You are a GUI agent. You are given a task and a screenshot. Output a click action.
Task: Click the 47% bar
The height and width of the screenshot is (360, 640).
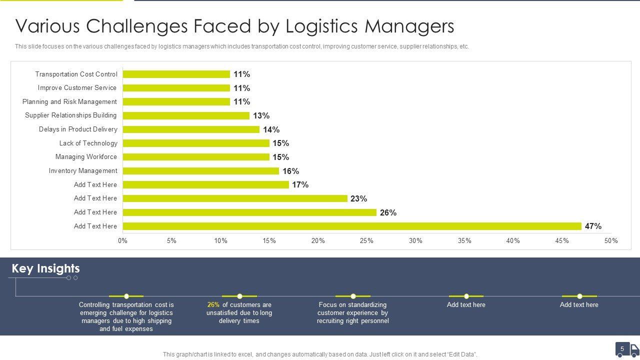352,226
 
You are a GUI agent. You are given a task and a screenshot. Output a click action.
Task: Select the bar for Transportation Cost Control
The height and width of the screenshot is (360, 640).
176,74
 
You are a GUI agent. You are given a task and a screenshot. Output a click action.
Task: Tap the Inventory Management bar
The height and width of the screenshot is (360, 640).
200,171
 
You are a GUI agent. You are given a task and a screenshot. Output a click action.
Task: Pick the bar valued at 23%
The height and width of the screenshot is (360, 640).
235,198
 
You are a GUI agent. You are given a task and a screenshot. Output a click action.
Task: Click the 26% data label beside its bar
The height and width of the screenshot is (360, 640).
388,212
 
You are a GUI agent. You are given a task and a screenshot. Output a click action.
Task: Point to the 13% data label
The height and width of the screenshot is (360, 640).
261,115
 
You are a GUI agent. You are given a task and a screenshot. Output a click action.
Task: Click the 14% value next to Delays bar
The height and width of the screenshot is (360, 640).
271,129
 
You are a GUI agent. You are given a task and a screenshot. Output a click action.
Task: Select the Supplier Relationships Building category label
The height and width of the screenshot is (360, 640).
71,115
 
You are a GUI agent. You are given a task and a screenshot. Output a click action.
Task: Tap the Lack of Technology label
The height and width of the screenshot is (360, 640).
88,143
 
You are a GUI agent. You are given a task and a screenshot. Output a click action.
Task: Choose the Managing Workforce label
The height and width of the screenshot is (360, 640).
86,157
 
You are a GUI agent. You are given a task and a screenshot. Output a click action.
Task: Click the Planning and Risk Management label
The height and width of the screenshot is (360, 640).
69,102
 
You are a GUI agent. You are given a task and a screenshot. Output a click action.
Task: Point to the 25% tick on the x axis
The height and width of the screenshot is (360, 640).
366,240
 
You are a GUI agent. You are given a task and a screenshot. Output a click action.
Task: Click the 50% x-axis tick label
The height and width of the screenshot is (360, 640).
611,240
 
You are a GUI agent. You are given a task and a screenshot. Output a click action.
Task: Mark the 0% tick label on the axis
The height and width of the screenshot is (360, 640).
122,240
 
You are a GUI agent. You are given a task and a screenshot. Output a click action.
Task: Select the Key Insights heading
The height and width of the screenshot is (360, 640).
45,268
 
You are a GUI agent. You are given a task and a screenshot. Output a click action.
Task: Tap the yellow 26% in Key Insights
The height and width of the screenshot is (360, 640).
213,304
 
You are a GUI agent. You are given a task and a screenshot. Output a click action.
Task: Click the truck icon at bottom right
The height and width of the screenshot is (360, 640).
634,349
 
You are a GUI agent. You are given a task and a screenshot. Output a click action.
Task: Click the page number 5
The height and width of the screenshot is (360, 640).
622,349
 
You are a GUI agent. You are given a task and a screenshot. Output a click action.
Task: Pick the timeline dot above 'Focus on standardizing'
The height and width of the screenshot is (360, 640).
353,296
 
